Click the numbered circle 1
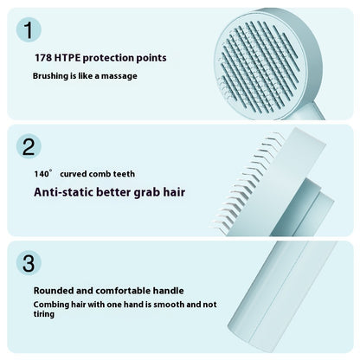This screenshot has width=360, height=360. pyautogui.click(x=29, y=31)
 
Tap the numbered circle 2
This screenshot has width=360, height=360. pyautogui.click(x=29, y=145)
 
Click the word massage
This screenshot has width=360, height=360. pyautogui.click(x=119, y=76)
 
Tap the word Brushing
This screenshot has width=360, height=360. pyautogui.click(x=52, y=76)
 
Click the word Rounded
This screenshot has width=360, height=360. pyautogui.click(x=57, y=291)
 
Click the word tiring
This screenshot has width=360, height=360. pyautogui.click(x=45, y=315)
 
